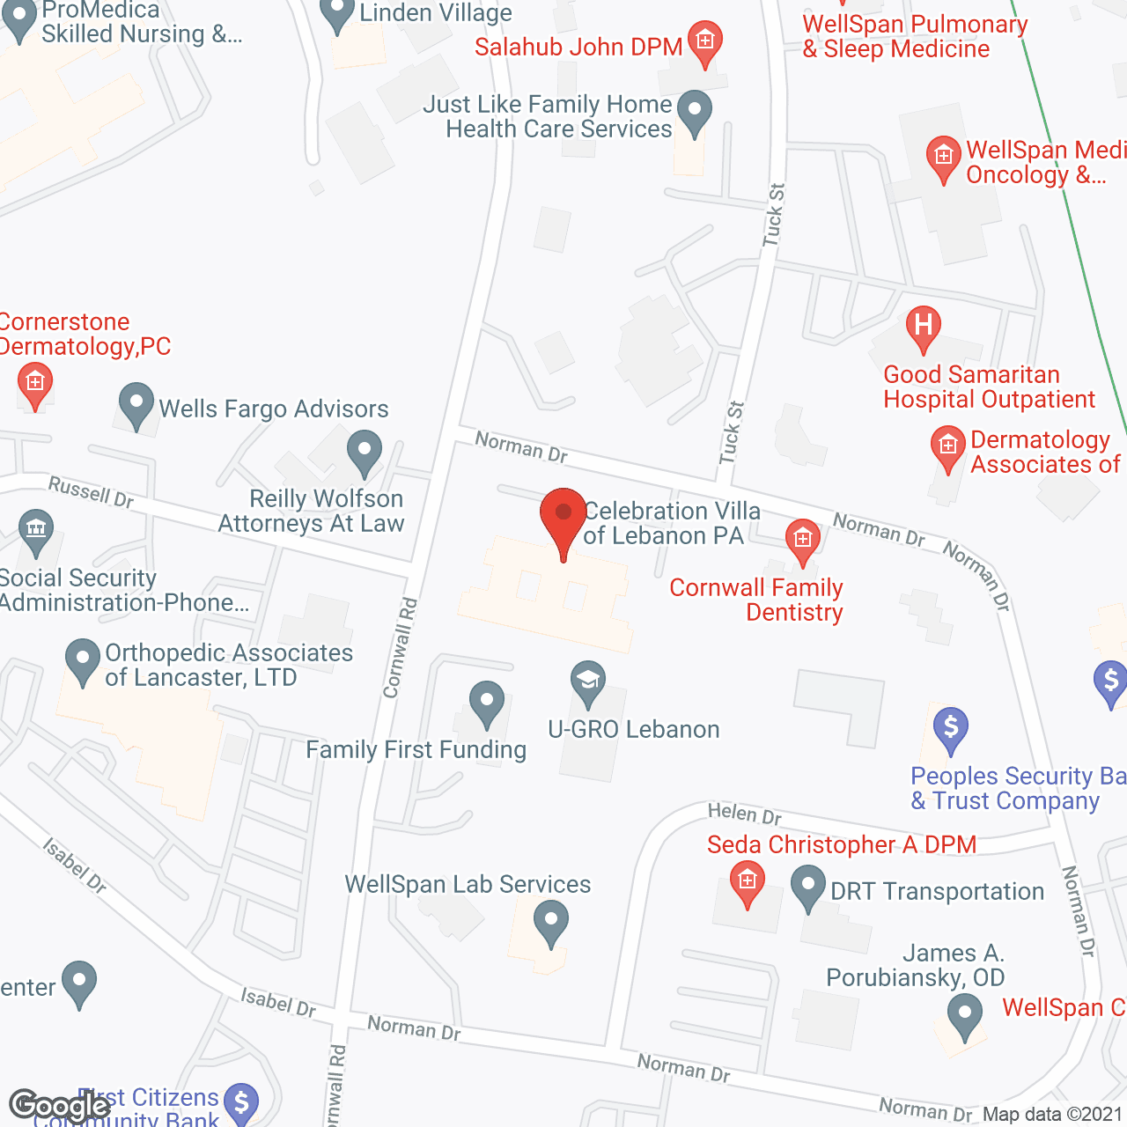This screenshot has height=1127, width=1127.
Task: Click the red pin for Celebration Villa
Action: pyautogui.click(x=563, y=516)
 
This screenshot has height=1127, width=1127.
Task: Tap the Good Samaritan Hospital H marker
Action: pyautogui.click(x=923, y=325)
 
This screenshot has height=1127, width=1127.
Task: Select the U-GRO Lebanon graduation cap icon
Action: pyautogui.click(x=587, y=681)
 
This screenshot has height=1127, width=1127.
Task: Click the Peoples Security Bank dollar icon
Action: pyautogui.click(x=950, y=729)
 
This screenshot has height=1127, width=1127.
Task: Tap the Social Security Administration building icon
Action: pyautogui.click(x=36, y=530)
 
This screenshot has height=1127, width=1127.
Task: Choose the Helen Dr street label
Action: pyautogui.click(x=745, y=814)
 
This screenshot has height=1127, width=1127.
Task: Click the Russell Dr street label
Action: pyautogui.click(x=91, y=491)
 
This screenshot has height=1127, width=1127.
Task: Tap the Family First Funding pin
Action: pyautogui.click(x=486, y=703)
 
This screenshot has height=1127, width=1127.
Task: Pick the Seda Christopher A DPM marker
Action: pyautogui.click(x=748, y=882)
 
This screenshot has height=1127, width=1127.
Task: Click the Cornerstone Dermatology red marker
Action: pyautogui.click(x=35, y=384)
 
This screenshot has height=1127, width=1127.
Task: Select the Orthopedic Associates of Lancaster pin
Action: pyautogui.click(x=83, y=660)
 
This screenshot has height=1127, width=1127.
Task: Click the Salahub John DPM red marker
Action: pyautogui.click(x=704, y=42)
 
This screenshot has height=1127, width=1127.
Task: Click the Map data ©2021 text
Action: pyautogui.click(x=1053, y=1115)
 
